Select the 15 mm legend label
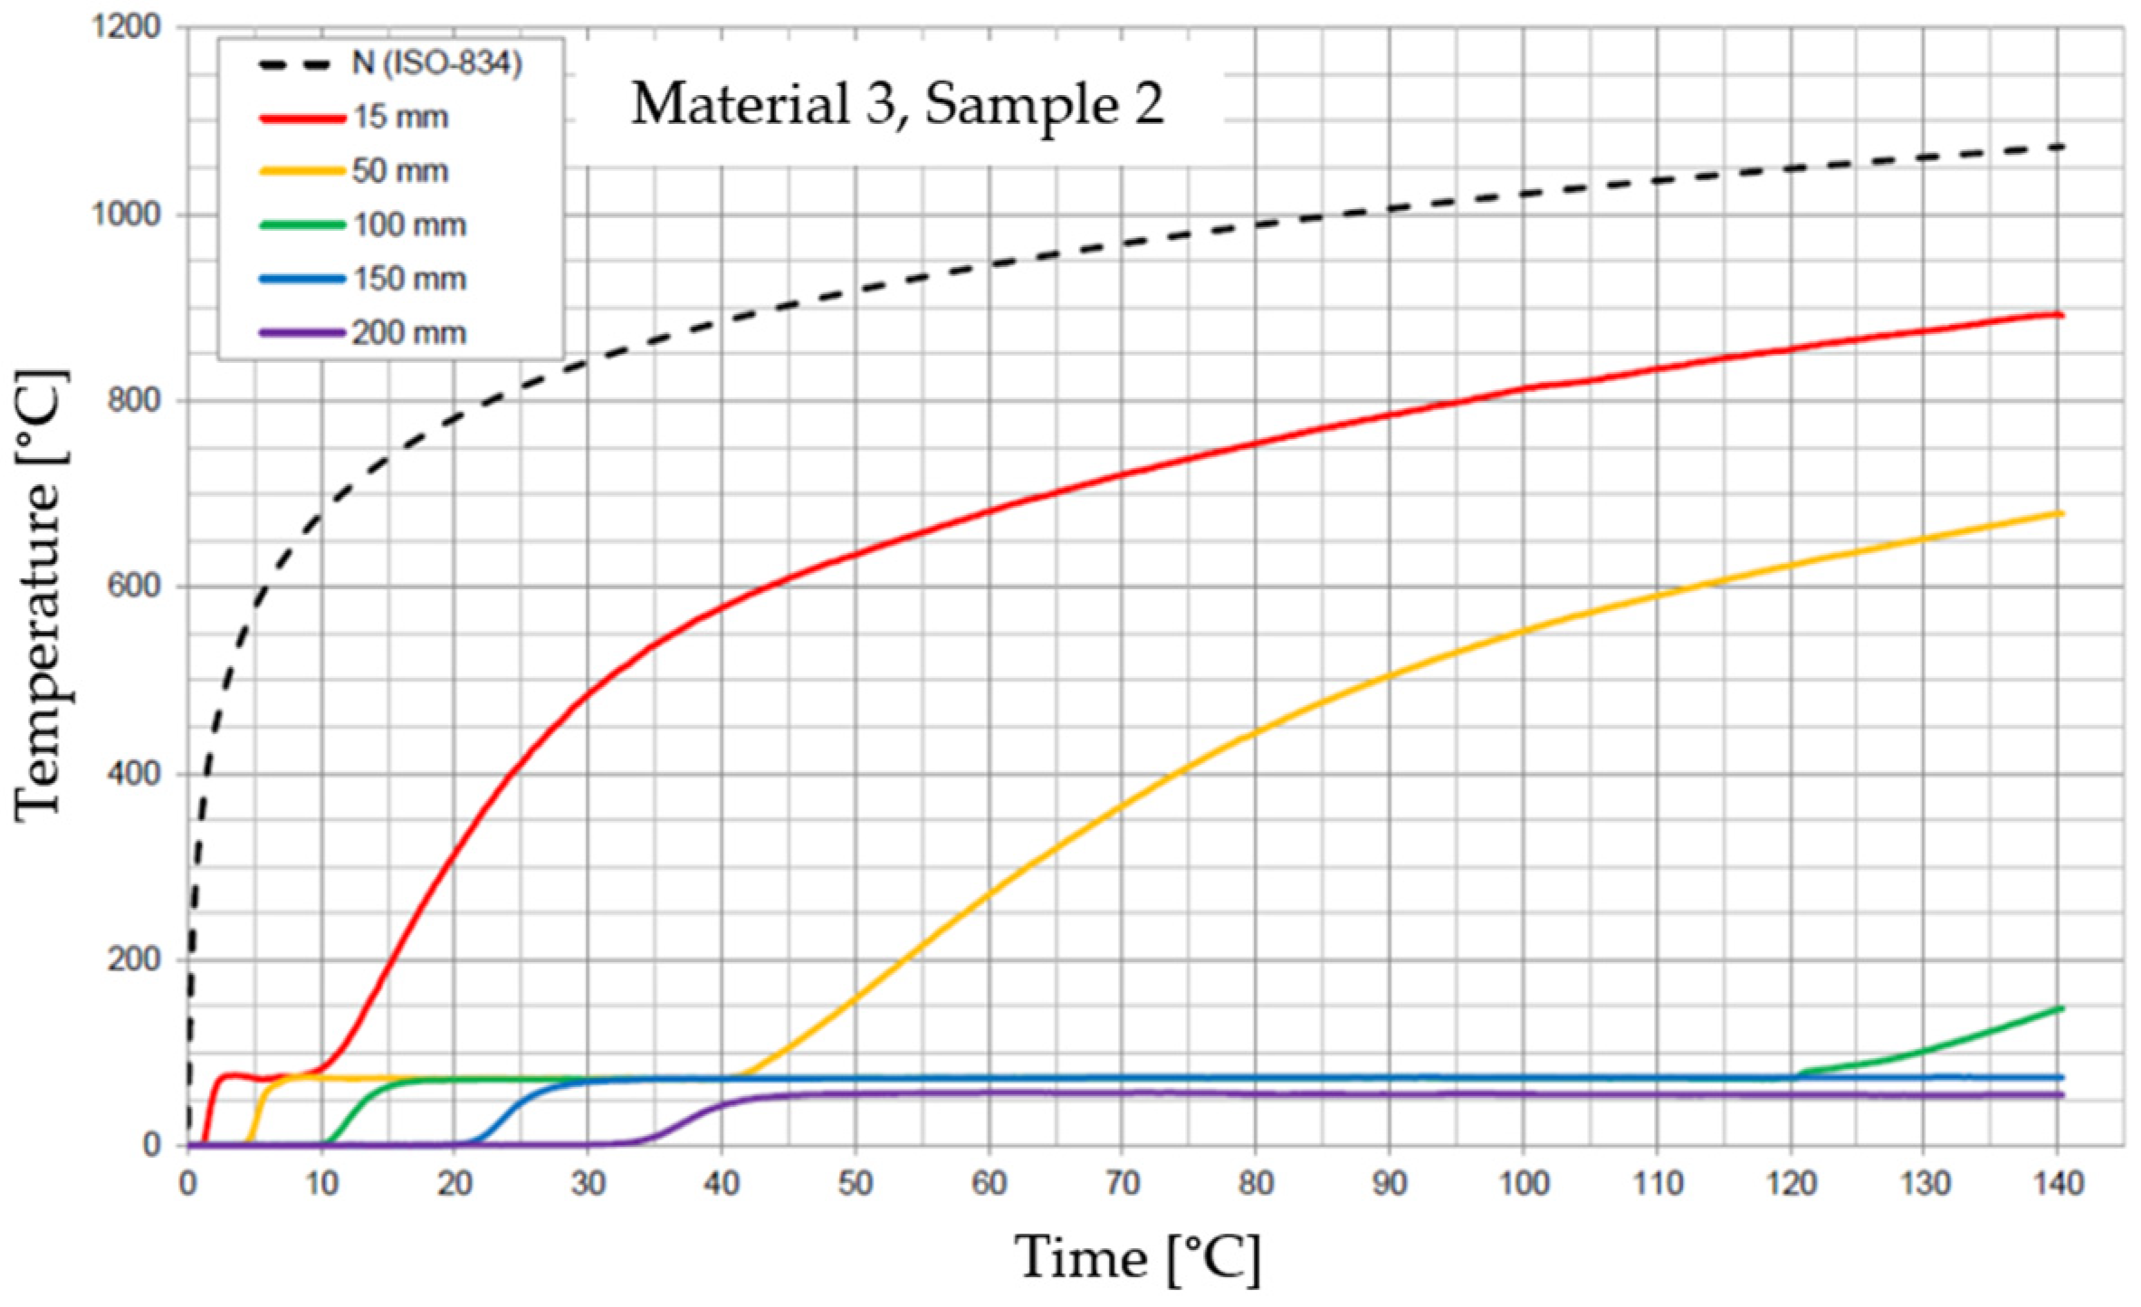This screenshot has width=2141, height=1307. (x=400, y=118)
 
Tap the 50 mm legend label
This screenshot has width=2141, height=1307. (x=400, y=171)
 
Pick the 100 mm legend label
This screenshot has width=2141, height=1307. (x=409, y=224)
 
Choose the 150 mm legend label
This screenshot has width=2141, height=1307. (x=409, y=279)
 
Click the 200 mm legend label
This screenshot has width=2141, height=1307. (x=409, y=333)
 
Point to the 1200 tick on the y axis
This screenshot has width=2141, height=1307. (x=126, y=26)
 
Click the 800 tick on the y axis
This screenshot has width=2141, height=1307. (x=134, y=399)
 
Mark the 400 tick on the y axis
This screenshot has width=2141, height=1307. (x=134, y=773)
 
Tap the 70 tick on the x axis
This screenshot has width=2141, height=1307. (x=1123, y=1183)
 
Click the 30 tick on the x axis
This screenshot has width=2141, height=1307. (x=588, y=1183)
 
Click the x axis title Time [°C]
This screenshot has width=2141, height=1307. (x=1136, y=1259)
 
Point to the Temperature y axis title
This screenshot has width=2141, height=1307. (x=41, y=594)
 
